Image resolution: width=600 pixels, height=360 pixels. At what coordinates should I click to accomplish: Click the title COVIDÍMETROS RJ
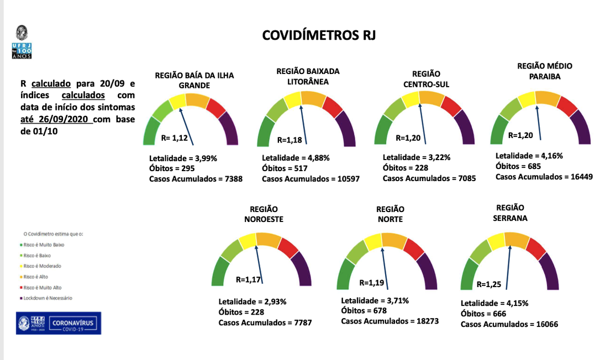319,36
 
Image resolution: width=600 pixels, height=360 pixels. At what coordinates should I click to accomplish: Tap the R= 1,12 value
175,138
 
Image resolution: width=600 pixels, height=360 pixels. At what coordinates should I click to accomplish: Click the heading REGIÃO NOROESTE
264,214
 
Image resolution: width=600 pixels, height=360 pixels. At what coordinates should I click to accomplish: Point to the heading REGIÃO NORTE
390,214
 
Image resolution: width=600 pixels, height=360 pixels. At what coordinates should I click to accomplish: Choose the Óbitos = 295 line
172,168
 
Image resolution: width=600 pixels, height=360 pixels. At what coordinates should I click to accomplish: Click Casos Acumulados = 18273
390,321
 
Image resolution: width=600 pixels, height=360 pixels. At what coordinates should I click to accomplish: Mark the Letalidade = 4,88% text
296,158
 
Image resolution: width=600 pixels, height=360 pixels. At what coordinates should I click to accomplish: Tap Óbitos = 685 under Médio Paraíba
518,166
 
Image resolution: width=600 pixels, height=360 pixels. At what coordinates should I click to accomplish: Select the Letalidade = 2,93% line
252,302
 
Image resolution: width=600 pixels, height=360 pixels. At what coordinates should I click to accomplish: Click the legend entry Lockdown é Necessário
48,298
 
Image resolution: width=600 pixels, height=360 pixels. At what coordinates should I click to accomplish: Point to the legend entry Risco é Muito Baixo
44,244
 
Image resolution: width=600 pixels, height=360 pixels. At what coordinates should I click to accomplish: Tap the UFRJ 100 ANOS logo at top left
22,43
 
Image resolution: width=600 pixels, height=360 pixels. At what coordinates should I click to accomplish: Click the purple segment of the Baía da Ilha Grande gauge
229,128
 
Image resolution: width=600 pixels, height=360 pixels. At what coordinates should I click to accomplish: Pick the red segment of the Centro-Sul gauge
451,105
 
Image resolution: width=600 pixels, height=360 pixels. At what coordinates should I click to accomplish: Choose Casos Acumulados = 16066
509,324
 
